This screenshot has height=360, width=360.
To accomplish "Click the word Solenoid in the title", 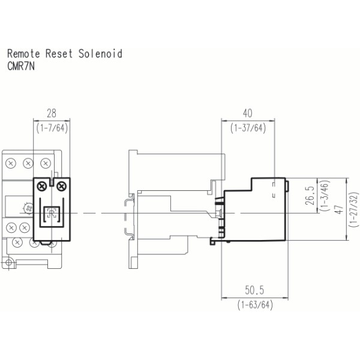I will (100, 54).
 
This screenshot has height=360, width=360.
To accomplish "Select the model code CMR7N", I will (21, 67).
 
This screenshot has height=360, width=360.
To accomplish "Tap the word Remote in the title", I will (23, 54).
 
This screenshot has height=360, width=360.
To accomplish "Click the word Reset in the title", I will (61, 54).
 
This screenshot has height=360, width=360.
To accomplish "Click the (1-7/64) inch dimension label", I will (51, 128).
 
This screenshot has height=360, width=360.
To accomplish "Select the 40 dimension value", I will (248, 113).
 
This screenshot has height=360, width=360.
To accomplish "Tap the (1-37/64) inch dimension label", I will (248, 128).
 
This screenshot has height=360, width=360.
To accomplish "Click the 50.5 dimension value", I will (254, 290).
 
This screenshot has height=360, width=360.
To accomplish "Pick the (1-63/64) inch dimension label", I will (255, 305).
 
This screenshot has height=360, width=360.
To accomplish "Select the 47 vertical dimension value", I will (338, 209).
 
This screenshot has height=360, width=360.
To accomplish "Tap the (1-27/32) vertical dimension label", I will (353, 209).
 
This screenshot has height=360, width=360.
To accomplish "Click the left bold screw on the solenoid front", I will (41, 187).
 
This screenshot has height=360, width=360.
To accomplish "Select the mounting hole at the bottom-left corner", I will (9, 264).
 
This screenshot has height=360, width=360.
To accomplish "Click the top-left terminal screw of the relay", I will (11, 163).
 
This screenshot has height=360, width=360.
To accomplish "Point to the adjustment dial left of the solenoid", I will (26, 208).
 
